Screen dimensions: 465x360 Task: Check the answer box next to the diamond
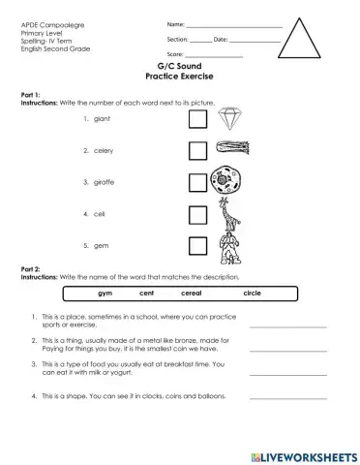197,119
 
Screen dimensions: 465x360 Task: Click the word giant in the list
104,119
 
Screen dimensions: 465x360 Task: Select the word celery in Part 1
105,150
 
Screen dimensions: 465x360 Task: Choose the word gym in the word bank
105,292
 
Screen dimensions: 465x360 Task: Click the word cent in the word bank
147,292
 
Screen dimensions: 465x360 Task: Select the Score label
175,54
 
